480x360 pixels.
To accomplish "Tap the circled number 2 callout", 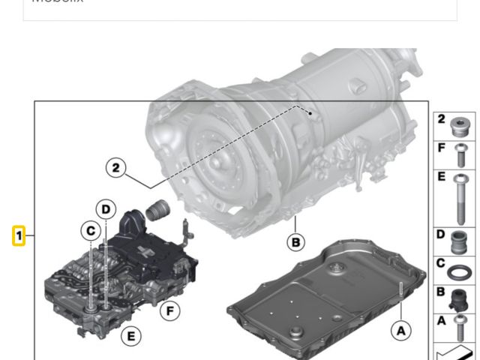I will pyautogui.click(x=115, y=168).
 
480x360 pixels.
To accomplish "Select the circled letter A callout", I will pyautogui.click(x=400, y=330).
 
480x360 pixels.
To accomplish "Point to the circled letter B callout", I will pyautogui.click(x=296, y=241).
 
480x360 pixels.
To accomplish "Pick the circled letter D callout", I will pyautogui.click(x=106, y=209).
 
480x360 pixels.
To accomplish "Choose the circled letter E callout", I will pyautogui.click(x=130, y=335).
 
